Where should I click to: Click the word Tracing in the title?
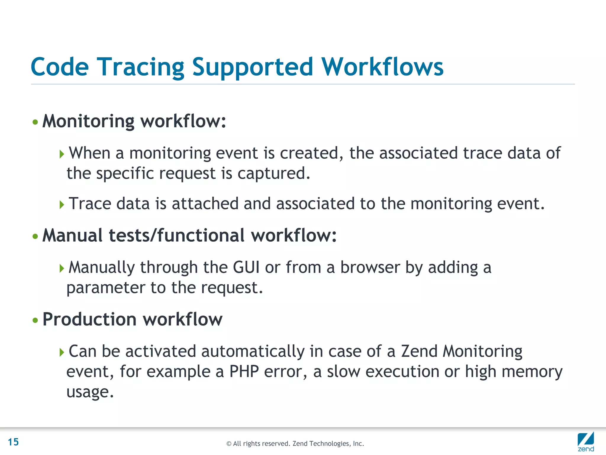click(x=141, y=67)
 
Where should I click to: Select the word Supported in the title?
click(x=252, y=67)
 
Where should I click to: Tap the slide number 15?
click(x=13, y=442)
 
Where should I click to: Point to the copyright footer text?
click(x=295, y=443)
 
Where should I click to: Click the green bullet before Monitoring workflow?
click(x=35, y=122)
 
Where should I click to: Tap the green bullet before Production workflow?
click(x=35, y=320)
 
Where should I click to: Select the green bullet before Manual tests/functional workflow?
click(x=35, y=236)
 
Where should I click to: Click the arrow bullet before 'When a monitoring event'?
click(x=62, y=154)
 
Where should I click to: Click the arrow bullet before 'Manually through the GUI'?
click(x=62, y=268)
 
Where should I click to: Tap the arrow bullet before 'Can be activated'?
click(x=62, y=352)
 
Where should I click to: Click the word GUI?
click(x=246, y=267)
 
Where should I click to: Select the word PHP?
click(x=244, y=371)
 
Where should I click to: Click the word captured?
click(x=274, y=173)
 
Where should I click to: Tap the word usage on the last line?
click(x=90, y=392)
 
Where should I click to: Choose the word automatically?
click(x=253, y=352)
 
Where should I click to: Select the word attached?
click(x=205, y=204)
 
